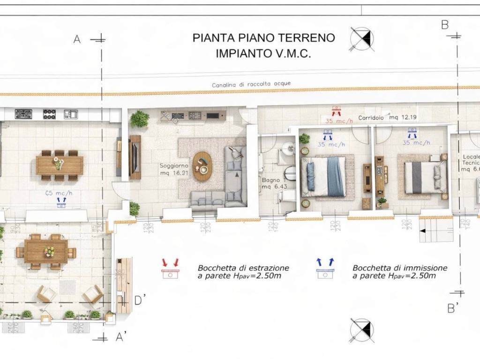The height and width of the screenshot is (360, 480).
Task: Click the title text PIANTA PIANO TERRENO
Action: (x=263, y=38)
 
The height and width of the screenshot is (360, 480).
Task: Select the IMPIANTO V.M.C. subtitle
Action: (x=263, y=53)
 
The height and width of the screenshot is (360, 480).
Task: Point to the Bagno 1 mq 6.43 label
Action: (x=272, y=183)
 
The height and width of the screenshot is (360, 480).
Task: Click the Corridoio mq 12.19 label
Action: (x=388, y=118)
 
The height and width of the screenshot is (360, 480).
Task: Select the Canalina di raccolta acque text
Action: (x=251, y=84)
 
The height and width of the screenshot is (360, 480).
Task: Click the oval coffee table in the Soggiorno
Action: (x=202, y=166)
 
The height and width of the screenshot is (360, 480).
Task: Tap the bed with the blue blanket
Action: (x=326, y=176)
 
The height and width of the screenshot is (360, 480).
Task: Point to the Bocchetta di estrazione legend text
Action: (x=243, y=272)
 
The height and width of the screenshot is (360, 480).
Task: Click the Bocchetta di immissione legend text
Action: (x=399, y=272)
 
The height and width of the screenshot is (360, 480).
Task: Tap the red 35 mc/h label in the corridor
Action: (x=336, y=120)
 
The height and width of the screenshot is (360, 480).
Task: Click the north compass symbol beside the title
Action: (x=362, y=38)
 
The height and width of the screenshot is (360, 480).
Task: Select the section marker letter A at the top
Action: (x=77, y=39)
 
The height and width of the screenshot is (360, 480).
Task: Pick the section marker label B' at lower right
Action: (x=453, y=308)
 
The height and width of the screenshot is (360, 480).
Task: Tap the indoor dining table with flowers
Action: (x=60, y=165)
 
